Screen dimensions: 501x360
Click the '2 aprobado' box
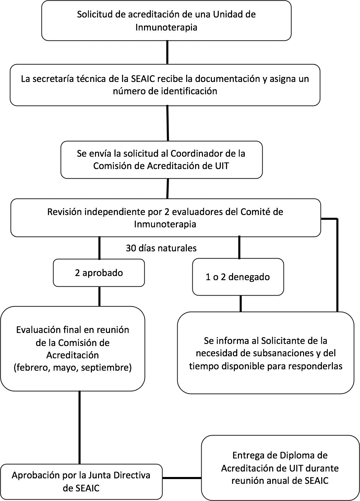click(99, 273)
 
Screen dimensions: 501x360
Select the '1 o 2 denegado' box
click(238, 277)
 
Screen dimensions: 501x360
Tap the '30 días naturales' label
click(161, 248)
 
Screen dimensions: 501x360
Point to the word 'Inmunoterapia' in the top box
click(166, 27)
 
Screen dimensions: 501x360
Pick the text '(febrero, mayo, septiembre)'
click(73, 368)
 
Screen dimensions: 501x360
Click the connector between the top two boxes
click(167, 52)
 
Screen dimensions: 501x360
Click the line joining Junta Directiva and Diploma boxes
click(182, 478)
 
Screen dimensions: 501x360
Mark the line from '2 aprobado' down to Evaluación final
click(99, 296)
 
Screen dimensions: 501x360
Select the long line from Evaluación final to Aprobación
click(80, 427)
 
